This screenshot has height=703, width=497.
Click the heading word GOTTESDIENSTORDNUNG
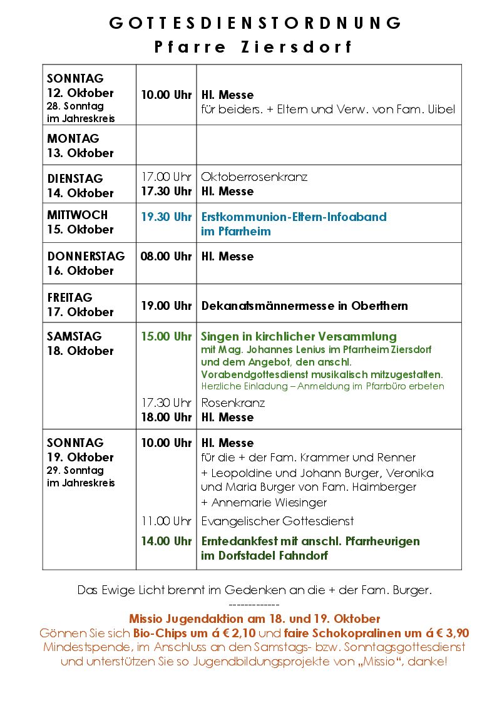[x=255, y=23]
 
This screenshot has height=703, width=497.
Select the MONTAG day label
[x=73, y=138]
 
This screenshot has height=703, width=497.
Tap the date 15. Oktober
[x=81, y=230]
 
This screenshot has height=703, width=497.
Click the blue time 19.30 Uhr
[x=166, y=217]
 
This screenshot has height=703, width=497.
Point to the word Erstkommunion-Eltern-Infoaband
[x=294, y=217]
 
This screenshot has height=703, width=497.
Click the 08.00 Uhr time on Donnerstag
[x=166, y=257]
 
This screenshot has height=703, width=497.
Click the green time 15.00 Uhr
[x=166, y=337]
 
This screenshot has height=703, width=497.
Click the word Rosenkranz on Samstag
[x=233, y=403]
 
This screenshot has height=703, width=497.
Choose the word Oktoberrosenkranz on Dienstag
[x=254, y=177]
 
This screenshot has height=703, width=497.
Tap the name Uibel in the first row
[x=441, y=110]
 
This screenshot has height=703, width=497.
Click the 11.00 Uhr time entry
[x=166, y=521]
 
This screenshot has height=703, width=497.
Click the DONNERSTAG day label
[x=86, y=257]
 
